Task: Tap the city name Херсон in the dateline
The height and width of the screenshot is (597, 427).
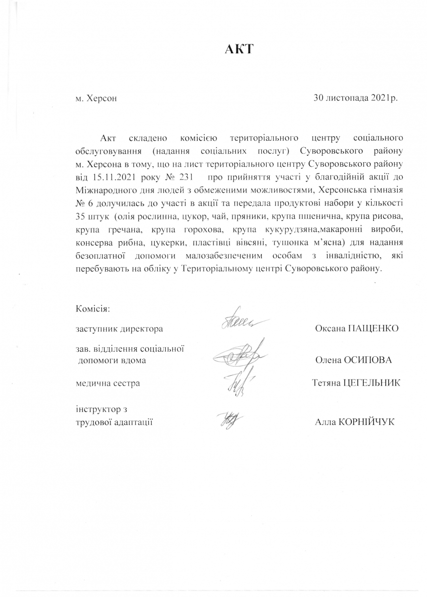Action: [102, 99]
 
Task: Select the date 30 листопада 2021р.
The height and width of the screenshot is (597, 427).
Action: [355, 98]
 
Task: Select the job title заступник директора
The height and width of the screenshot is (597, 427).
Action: [119, 329]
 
